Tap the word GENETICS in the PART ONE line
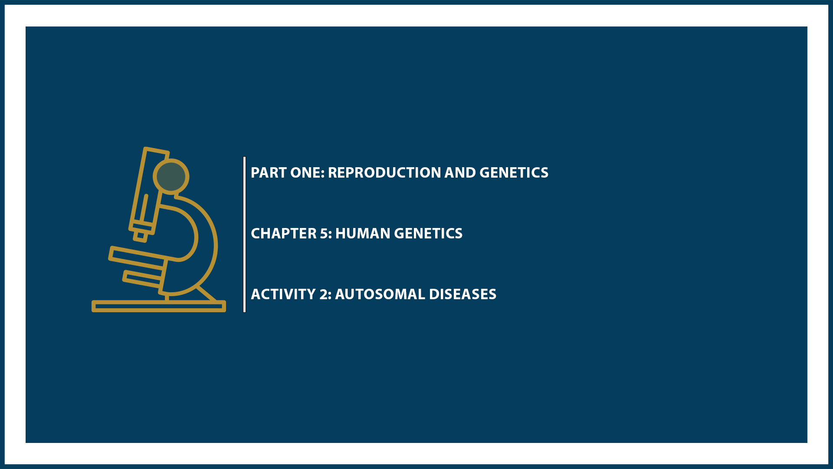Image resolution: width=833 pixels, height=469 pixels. click(514, 173)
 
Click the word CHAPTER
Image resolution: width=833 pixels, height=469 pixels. click(284, 234)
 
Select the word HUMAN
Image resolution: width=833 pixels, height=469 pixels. click(363, 234)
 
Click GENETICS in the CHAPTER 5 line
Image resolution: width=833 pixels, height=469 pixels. click(428, 234)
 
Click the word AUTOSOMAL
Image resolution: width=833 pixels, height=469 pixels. click(380, 294)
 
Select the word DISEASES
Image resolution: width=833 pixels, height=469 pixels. click(462, 294)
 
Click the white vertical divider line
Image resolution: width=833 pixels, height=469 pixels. click(245, 234)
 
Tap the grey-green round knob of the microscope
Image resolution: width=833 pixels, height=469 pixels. click(171, 177)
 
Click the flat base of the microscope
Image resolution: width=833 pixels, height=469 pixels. click(158, 306)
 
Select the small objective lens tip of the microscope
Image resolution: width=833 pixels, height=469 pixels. click(140, 236)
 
